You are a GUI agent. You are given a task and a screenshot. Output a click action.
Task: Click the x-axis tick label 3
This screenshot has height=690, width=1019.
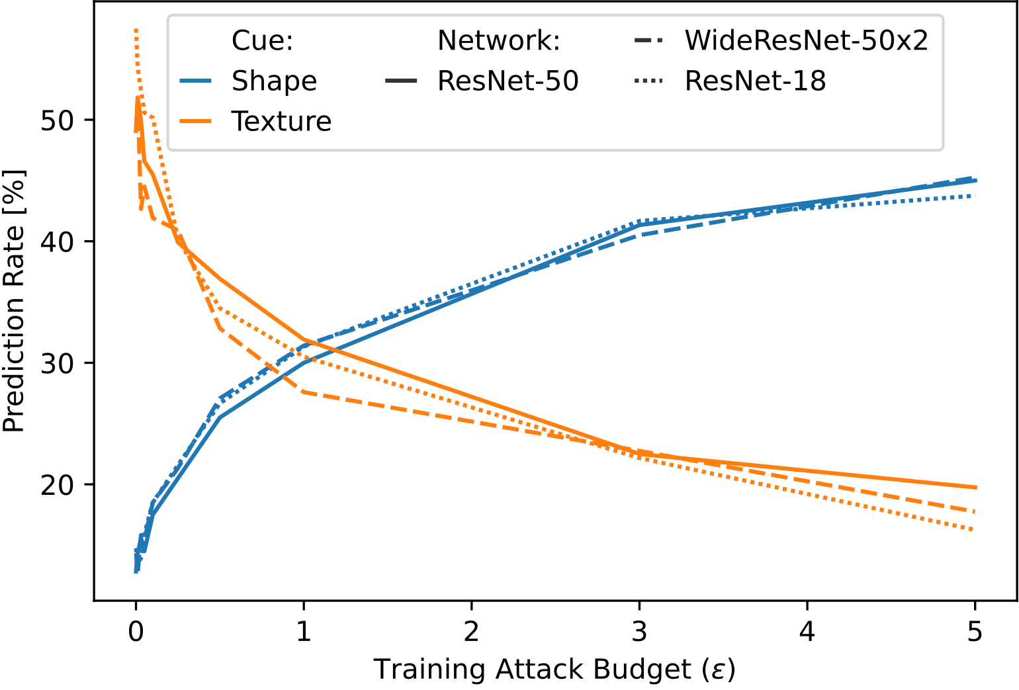(639, 632)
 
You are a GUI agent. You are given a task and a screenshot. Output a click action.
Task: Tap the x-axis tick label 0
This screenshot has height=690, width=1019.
(136, 632)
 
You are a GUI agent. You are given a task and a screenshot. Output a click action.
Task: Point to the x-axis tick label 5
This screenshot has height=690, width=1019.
(975, 632)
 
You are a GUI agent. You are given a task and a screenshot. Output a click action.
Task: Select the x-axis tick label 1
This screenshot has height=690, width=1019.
(304, 632)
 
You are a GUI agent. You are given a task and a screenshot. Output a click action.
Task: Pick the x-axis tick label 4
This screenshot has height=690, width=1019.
(807, 632)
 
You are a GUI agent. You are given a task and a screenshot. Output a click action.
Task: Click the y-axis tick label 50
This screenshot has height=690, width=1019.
(58, 121)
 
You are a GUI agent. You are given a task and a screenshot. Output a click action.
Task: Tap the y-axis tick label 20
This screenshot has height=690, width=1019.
(58, 485)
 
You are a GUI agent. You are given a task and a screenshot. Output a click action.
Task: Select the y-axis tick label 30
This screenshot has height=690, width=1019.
(58, 364)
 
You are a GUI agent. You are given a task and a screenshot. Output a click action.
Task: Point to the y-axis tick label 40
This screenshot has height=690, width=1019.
(58, 242)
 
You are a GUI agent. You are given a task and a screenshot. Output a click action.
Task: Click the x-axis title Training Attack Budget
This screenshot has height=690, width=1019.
(554, 669)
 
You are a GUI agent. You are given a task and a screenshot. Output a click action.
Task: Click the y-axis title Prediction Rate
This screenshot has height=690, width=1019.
(15, 302)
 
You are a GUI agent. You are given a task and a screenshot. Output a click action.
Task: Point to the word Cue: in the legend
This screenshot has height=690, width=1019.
(262, 41)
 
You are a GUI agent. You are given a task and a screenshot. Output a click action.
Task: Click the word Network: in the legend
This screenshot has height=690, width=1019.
(499, 41)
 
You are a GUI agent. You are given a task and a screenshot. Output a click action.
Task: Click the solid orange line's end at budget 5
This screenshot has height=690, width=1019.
(975, 488)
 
